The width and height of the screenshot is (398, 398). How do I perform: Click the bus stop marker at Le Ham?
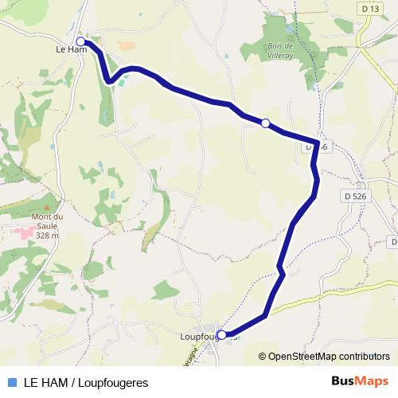80,41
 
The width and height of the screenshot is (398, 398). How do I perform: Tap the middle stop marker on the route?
266,123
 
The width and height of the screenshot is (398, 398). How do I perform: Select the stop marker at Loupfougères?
221,335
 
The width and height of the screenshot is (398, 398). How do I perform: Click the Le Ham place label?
70,50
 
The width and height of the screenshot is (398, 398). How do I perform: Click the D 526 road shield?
356,195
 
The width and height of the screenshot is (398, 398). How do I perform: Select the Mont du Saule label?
46,220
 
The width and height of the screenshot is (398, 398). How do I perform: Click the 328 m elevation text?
48,236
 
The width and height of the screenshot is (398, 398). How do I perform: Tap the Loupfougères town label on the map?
193,337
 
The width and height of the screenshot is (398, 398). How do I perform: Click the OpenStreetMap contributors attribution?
329,357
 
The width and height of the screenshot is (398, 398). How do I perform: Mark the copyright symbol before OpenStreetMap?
263,357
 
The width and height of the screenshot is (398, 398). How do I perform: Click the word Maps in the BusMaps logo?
372,380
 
